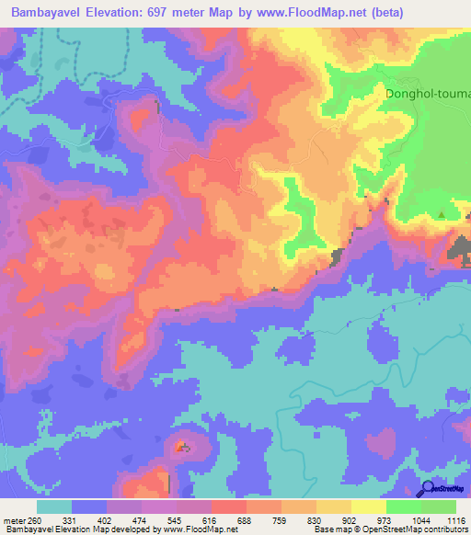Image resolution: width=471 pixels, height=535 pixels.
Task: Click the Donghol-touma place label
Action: click(428, 94)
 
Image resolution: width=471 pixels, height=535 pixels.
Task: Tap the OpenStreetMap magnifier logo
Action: click(428, 490)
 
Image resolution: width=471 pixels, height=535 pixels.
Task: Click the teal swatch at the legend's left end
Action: click(55, 505)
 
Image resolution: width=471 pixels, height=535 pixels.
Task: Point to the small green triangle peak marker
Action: click(442, 215)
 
